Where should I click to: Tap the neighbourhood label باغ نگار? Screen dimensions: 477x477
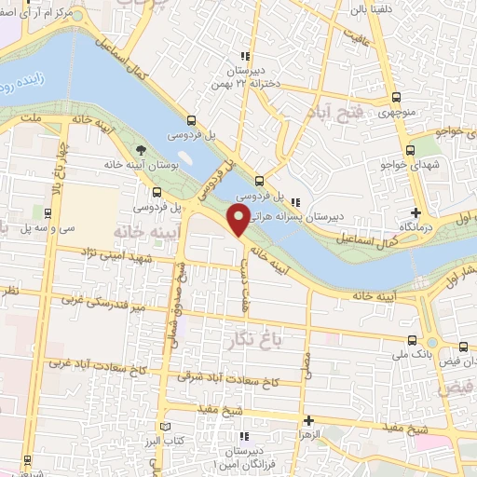252,340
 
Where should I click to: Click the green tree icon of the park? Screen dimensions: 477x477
141,150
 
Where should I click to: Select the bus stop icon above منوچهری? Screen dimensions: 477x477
397,97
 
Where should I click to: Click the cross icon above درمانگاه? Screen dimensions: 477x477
416,213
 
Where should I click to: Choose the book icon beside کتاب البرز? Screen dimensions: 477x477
166,428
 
